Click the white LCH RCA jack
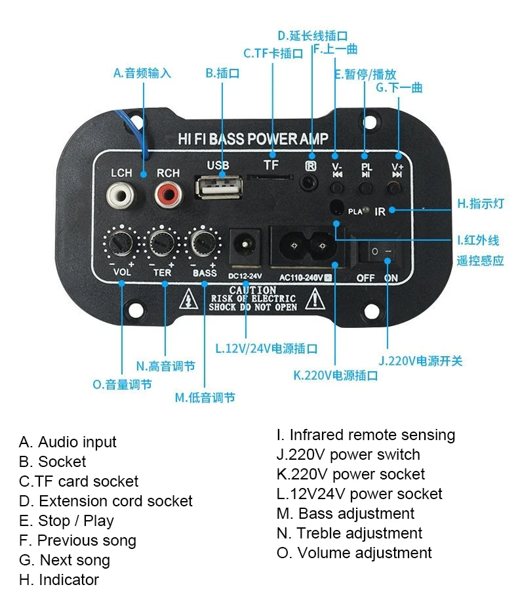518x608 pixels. pos(121,194)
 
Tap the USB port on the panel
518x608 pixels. pos(218,188)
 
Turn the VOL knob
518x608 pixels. pos(121,244)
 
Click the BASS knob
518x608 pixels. pos(204,244)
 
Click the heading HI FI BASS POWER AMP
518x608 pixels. pos(253,139)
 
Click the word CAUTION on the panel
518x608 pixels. pos(252,290)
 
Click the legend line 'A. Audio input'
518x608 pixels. pos(68,442)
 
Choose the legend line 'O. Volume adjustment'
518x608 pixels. pos(354,553)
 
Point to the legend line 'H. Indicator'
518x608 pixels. pos(59,580)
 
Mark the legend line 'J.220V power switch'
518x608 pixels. pos(348,455)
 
